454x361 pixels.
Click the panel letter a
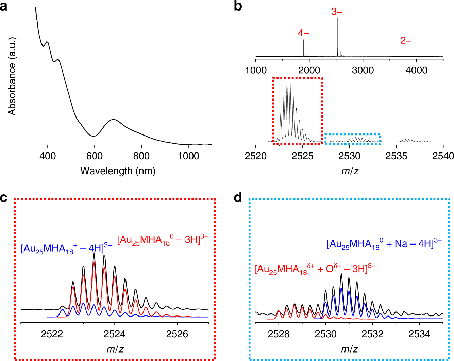tap(4, 6)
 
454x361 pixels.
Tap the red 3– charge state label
tap(337, 12)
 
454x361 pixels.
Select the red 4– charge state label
tap(303, 33)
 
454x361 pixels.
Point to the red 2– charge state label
tap(406, 41)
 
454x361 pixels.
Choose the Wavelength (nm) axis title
tap(118, 170)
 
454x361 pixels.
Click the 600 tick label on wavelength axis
tap(94, 156)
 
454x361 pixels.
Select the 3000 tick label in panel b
tap(363, 70)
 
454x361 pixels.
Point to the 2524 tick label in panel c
tap(115, 334)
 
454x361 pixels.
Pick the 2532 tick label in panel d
tap(373, 334)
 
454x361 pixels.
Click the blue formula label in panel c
tap(66, 249)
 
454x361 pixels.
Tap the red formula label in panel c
tap(163, 240)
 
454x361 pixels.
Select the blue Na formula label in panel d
tap(384, 244)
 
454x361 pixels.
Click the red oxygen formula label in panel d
tap(315, 269)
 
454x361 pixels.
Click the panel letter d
tap(238, 197)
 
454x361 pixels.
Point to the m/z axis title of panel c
tap(115, 349)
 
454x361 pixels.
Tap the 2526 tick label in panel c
tap(177, 334)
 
